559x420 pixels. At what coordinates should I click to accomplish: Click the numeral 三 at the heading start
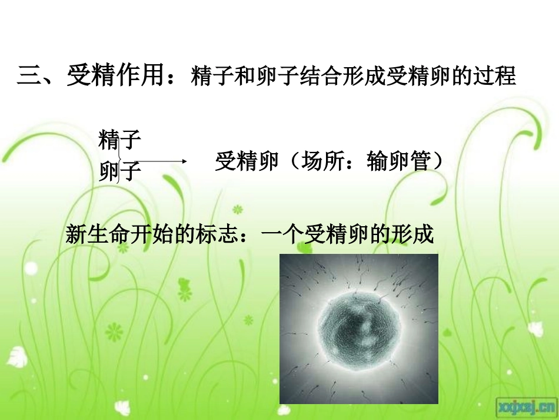tap(28, 77)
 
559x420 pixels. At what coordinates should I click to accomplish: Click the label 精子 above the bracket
tap(120, 140)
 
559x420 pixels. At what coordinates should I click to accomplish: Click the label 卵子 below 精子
tap(120, 172)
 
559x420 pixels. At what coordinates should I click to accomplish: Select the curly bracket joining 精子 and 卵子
tap(120, 157)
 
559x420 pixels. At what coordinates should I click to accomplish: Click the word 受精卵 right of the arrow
tap(246, 161)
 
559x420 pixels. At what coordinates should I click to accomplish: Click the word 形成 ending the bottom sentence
tap(418, 235)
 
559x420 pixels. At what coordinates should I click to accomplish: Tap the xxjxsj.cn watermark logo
tap(526, 405)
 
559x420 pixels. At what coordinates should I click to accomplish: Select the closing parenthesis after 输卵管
tap(437, 161)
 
